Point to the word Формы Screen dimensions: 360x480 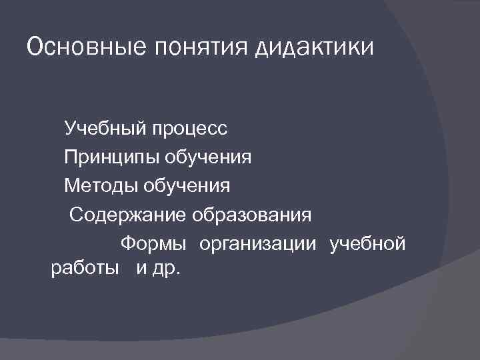tap(153, 244)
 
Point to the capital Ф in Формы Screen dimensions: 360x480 tap(126, 243)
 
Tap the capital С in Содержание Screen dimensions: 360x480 tap(76, 215)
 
